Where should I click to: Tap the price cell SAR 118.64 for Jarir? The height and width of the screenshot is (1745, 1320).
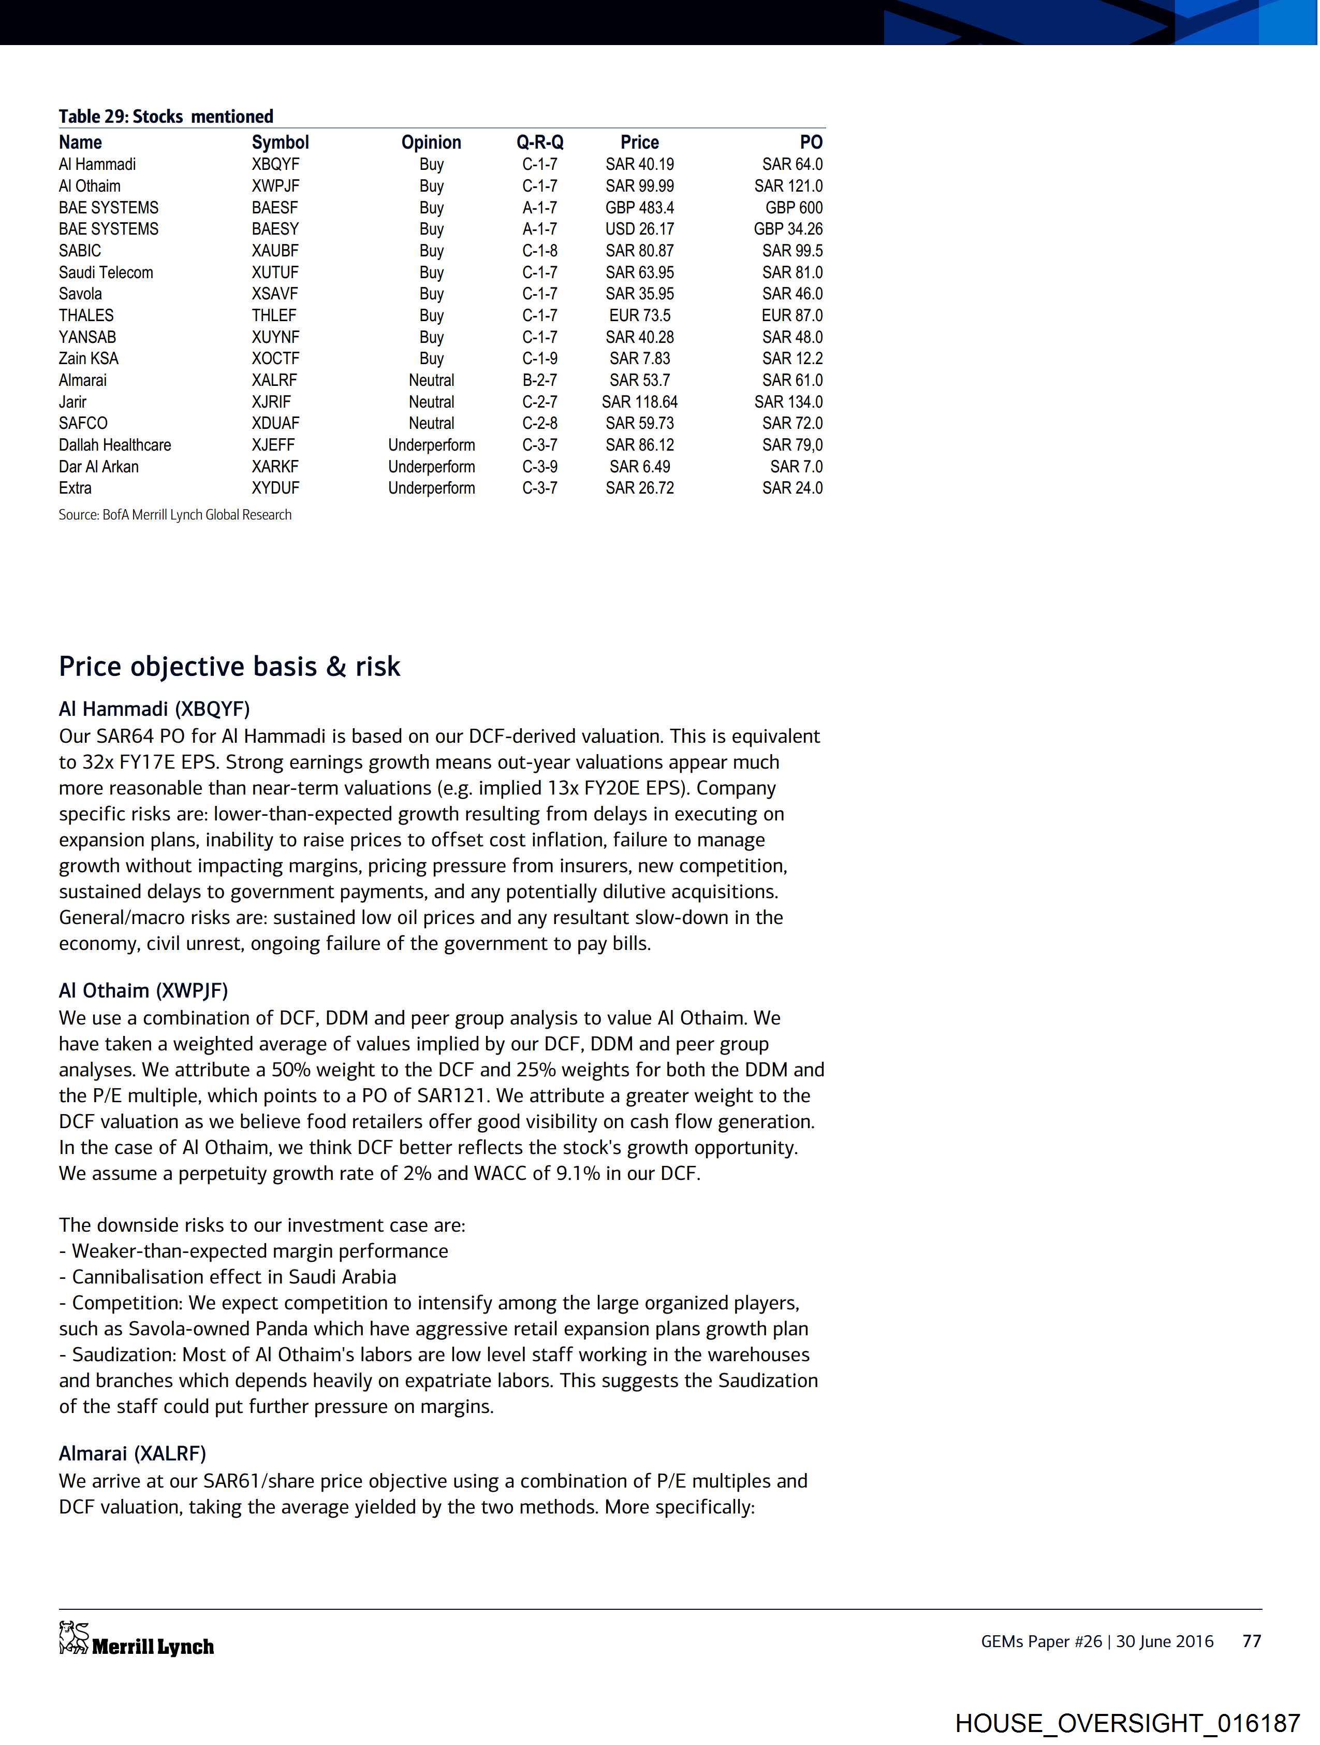pyautogui.click(x=639, y=401)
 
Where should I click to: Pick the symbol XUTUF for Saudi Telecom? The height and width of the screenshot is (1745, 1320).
pyautogui.click(x=275, y=272)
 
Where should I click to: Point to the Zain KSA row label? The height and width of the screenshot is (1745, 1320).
pyautogui.click(x=89, y=358)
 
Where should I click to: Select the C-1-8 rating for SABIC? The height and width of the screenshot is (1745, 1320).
pyautogui.click(x=539, y=251)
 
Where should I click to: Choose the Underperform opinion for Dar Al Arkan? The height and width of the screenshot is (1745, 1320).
pyautogui.click(x=431, y=466)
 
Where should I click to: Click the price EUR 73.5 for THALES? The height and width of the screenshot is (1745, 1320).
pyautogui.click(x=639, y=315)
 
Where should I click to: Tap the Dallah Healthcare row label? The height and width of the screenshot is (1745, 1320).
pyautogui.click(x=114, y=445)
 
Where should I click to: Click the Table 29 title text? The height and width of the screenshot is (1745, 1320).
pyautogui.click(x=166, y=117)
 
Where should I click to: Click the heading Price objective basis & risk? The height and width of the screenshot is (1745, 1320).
pyautogui.click(x=229, y=667)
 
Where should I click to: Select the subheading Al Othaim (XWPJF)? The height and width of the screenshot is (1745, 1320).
pyautogui.click(x=143, y=991)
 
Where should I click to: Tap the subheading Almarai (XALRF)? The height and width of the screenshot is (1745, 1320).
pyautogui.click(x=131, y=1453)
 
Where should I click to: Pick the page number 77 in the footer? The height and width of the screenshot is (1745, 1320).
pyautogui.click(x=1251, y=1641)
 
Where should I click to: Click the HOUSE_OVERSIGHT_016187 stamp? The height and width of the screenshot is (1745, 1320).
pyautogui.click(x=1127, y=1722)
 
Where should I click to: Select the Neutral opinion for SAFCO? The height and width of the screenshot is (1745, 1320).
pyautogui.click(x=431, y=423)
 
